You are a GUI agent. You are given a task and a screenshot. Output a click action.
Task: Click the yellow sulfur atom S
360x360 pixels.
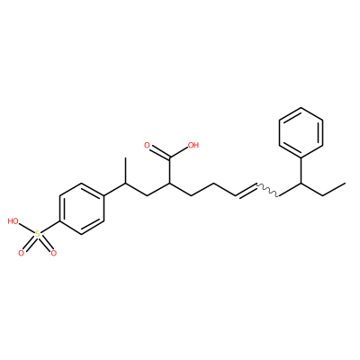[x=38, y=234]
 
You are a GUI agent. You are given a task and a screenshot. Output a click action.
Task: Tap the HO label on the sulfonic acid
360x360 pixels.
[x=13, y=221]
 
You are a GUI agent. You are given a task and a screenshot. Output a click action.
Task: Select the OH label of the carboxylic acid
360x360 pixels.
[x=193, y=146]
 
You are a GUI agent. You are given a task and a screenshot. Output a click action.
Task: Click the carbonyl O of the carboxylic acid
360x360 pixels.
[x=147, y=146]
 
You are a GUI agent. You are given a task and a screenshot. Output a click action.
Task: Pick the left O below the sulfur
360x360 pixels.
[x=21, y=253]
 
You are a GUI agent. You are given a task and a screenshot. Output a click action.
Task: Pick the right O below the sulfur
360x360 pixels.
[x=54, y=253]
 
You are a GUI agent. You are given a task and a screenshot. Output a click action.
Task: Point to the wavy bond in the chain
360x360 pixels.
[x=267, y=190]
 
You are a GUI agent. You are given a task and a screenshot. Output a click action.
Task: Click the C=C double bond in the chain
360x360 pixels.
[x=246, y=190]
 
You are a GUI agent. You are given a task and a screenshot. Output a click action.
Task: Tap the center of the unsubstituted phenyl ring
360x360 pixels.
[x=301, y=132]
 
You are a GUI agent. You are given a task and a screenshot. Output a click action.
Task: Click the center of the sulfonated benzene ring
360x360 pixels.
[x=82, y=209]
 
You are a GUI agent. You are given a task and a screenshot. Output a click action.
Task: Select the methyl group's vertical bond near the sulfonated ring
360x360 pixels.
[x=125, y=170]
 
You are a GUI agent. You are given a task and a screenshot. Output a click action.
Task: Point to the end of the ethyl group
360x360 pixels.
[x=345, y=183]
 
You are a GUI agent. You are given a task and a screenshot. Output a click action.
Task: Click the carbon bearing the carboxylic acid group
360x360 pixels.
[x=169, y=183]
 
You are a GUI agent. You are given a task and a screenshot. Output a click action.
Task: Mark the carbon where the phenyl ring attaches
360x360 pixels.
[x=301, y=183]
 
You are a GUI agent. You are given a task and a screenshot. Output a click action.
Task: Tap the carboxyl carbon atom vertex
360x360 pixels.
[x=169, y=157]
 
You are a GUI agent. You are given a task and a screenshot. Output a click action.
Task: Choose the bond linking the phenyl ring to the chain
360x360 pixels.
[x=301, y=170]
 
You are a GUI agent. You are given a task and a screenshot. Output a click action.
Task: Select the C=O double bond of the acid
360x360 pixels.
[x=159, y=152]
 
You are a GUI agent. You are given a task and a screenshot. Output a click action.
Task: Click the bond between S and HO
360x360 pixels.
[x=27, y=229]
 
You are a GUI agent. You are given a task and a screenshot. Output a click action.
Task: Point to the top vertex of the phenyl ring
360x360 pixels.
[x=301, y=107]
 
